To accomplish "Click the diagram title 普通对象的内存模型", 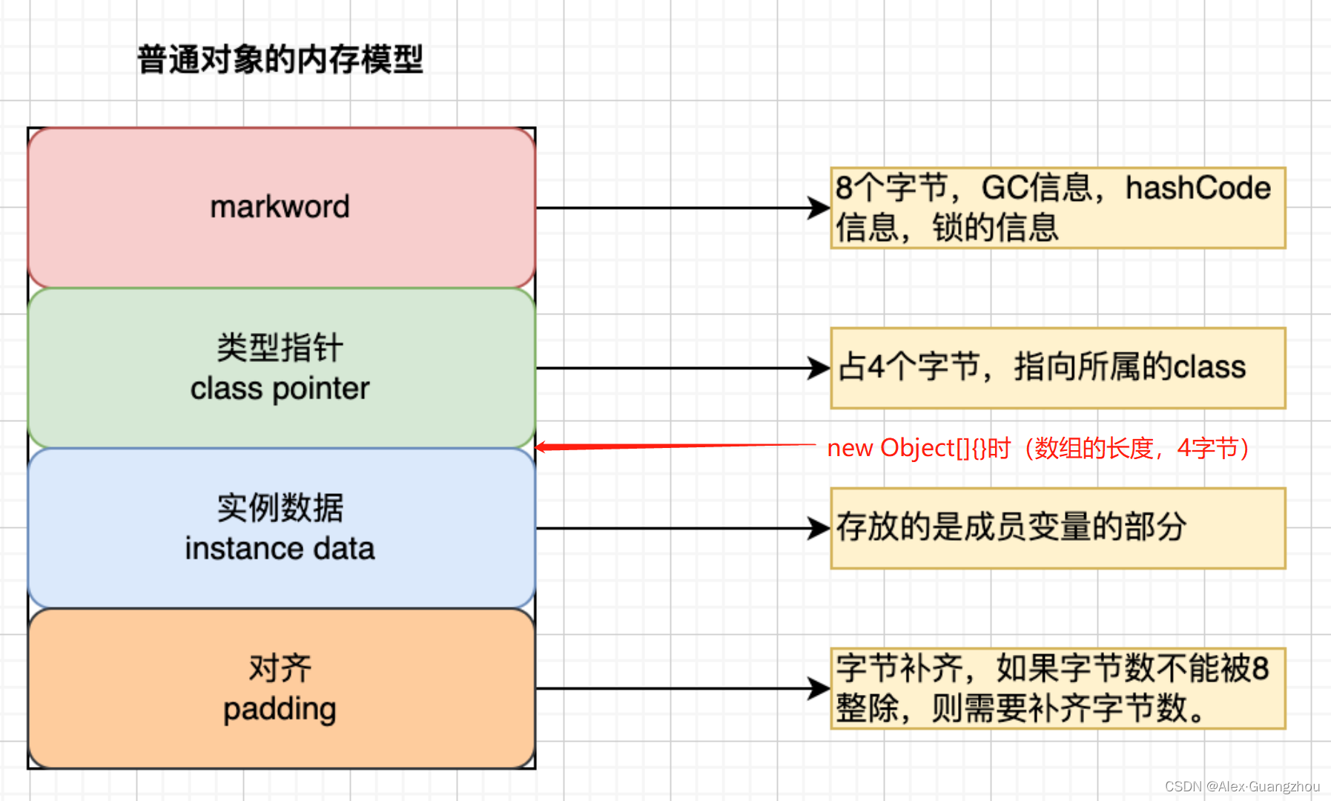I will point(280,59).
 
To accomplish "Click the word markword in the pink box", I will point(280,207).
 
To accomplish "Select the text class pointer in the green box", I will point(280,389).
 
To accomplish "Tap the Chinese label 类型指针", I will point(280,348).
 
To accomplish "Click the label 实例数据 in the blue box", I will point(280,508).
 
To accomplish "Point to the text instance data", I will point(280,549).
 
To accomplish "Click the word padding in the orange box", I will point(280,709).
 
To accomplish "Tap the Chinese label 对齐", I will point(280,668).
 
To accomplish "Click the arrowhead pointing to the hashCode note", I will point(820,208).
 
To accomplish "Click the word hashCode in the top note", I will point(1198,188).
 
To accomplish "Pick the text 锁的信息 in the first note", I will point(995,228).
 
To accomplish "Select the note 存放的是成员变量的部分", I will point(1011,527).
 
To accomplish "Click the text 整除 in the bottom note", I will point(867,708).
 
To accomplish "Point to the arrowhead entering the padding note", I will point(820,688).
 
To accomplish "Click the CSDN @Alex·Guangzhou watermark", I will point(1242,786).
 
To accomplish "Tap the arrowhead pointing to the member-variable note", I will point(820,528).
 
